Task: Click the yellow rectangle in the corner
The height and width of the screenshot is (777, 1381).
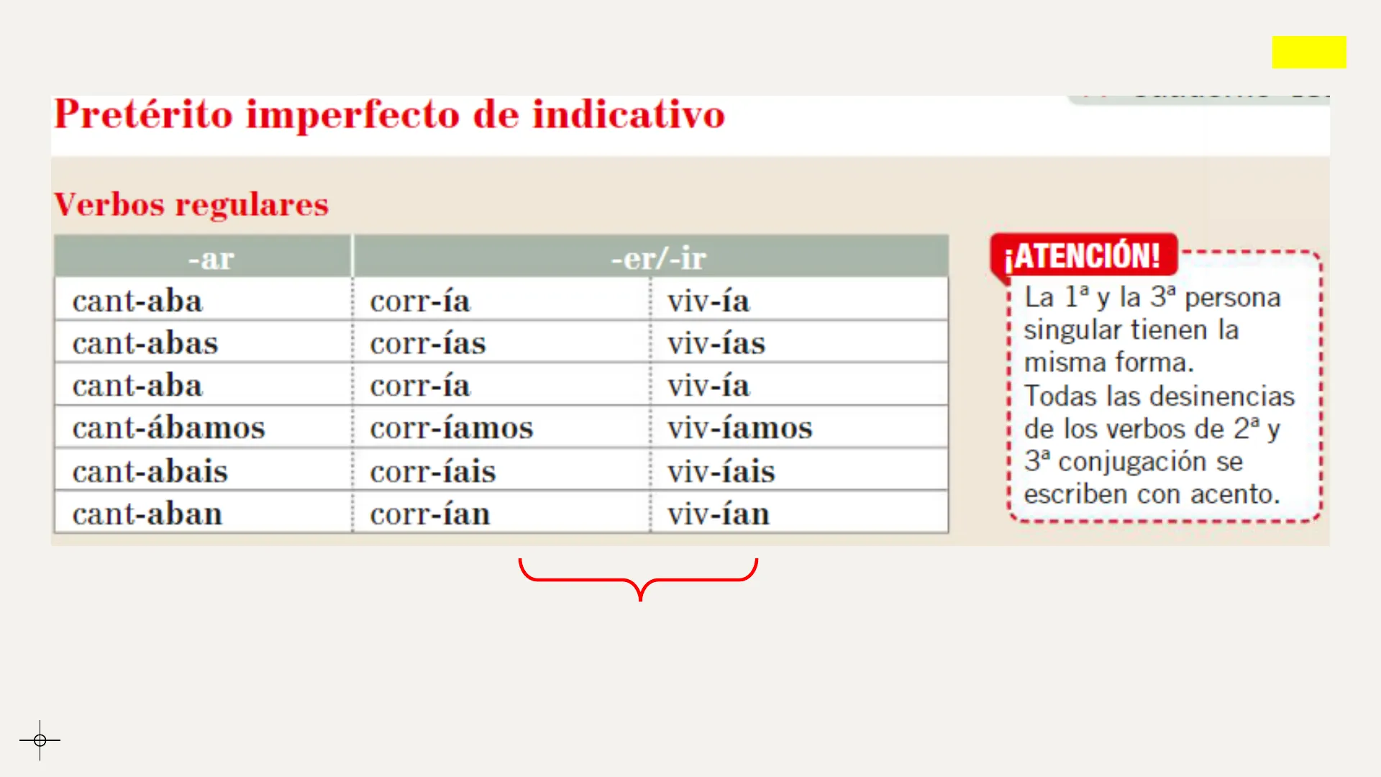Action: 1309,52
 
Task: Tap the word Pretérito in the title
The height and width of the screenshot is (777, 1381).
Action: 144,114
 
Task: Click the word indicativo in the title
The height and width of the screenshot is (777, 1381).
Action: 629,114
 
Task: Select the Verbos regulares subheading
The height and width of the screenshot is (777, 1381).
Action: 191,204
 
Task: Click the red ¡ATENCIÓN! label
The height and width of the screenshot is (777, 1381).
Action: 1083,255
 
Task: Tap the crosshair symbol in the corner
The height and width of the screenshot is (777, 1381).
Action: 40,740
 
